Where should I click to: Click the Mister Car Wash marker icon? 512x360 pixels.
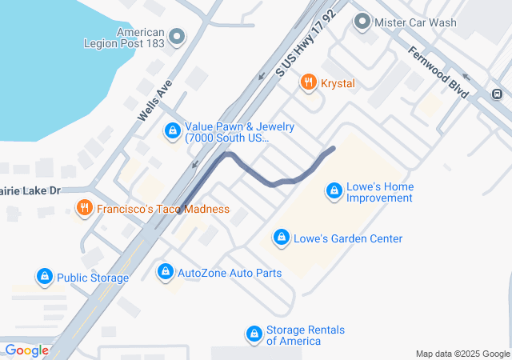(x=363, y=22)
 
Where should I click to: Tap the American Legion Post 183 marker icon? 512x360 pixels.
(x=177, y=36)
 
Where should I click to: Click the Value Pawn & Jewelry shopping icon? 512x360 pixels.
(x=172, y=130)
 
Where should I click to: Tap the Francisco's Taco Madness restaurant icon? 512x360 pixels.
(x=84, y=209)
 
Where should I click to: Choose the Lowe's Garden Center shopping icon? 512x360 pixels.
(x=281, y=238)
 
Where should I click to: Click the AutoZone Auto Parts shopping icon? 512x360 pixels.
(x=165, y=272)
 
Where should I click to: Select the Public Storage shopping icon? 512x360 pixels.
(x=44, y=277)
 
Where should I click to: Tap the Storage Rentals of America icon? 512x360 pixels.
(x=254, y=334)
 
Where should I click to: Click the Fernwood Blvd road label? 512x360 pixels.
(x=438, y=72)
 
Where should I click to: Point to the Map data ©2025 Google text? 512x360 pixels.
(x=462, y=354)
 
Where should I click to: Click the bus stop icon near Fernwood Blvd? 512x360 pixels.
(x=498, y=94)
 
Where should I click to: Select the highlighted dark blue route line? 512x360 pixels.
(x=264, y=177)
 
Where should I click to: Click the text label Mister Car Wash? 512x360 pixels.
(x=416, y=22)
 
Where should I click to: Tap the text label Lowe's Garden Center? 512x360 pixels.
(x=348, y=238)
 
